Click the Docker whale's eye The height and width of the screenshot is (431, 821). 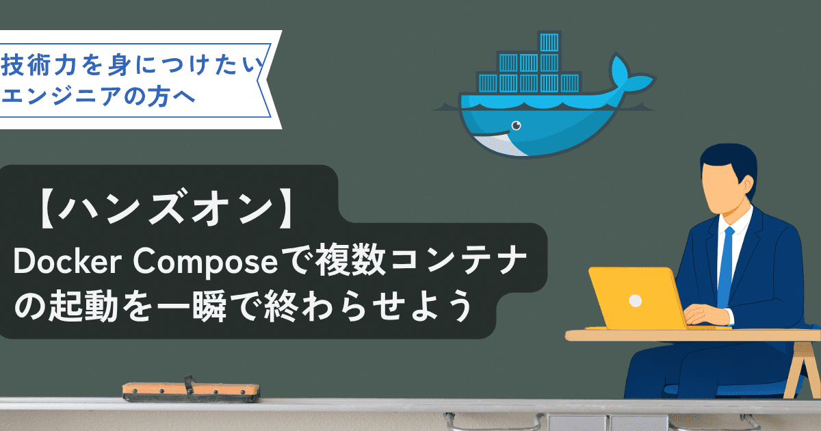point(517,126)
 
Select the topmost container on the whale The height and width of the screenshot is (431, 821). point(549,42)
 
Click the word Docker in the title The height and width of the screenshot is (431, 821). point(68,261)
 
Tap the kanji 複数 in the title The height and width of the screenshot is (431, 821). point(350,260)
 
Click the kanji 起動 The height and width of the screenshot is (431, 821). point(83,306)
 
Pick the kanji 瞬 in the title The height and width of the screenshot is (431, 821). point(209,306)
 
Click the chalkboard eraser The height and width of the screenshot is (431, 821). point(191,390)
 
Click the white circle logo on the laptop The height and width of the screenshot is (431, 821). point(635,301)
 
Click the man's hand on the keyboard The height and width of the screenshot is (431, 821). point(704,315)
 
